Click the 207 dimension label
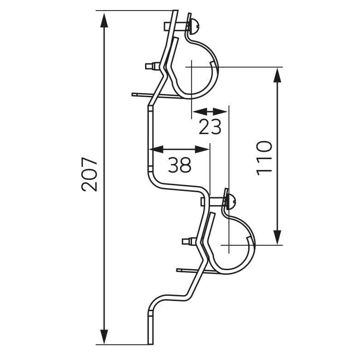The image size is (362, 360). point(89,174)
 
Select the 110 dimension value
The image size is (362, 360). point(264,158)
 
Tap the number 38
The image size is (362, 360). point(180,165)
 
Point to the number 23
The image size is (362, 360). point(210,127)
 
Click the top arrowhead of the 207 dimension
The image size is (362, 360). point(104,21)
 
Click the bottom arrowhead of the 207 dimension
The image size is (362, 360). point(104,336)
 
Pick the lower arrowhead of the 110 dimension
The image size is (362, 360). point(277,237)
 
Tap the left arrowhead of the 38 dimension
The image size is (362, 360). point(157,149)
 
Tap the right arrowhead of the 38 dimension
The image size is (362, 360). point(202,149)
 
